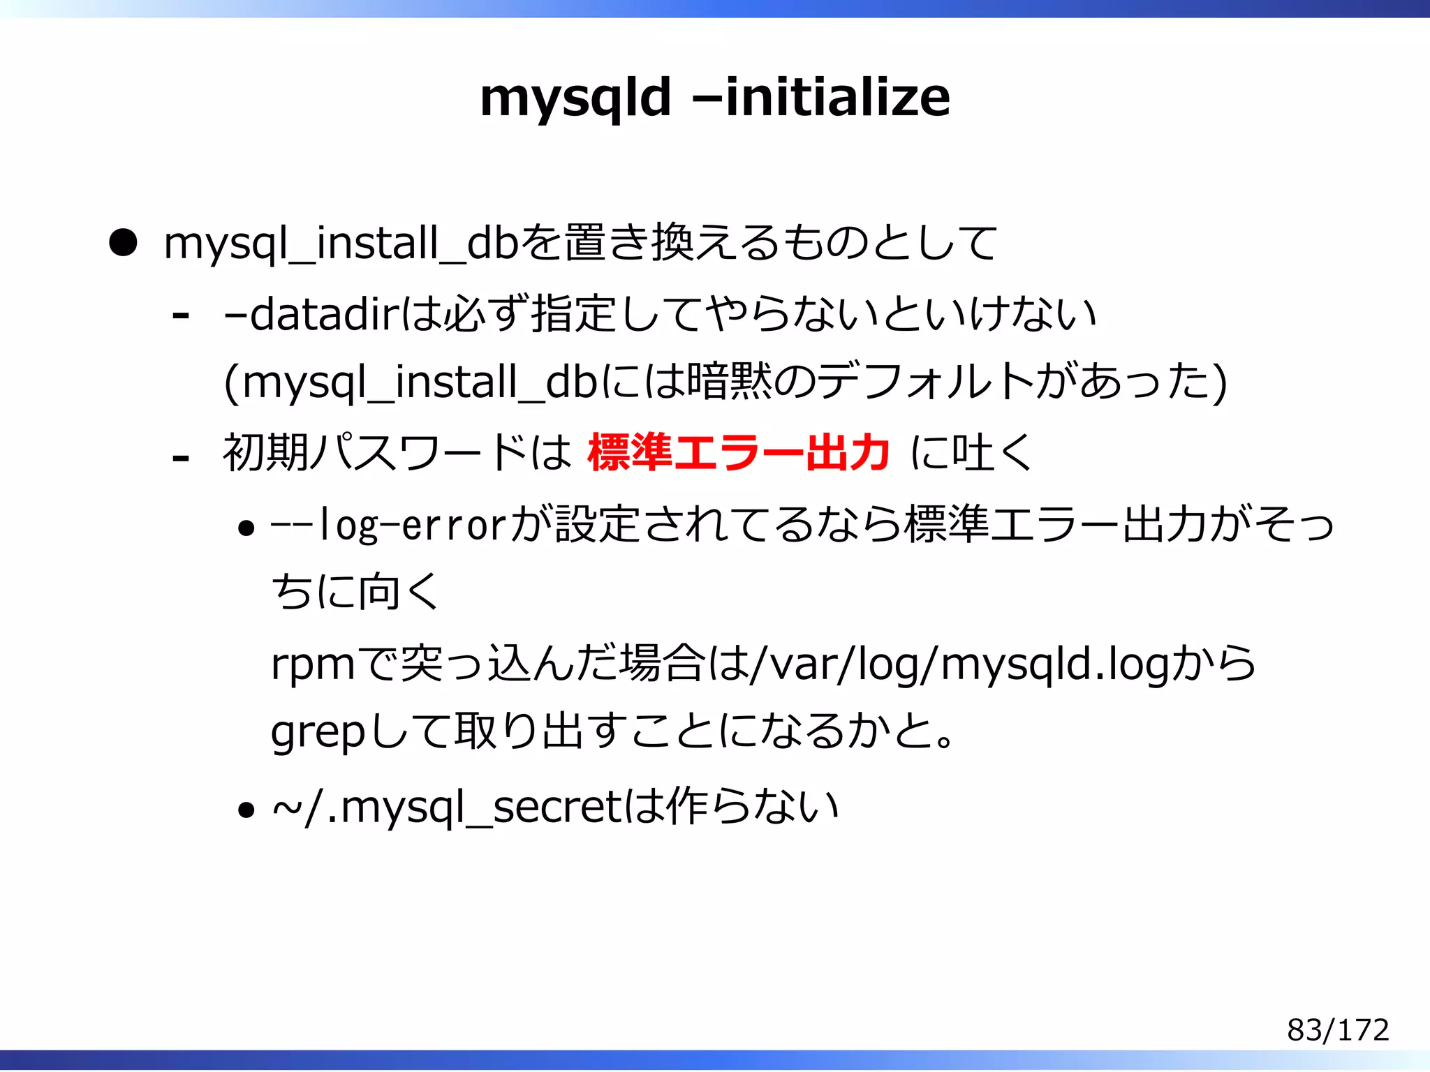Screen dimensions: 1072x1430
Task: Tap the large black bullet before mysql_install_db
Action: [123, 243]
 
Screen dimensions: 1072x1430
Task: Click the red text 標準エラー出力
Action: [739, 452]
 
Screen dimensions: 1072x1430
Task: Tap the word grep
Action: [318, 734]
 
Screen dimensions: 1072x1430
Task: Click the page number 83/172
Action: [1338, 1029]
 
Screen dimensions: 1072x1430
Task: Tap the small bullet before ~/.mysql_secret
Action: [246, 810]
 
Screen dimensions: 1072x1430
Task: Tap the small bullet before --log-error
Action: [246, 528]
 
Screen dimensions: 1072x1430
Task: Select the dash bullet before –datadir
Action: [180, 316]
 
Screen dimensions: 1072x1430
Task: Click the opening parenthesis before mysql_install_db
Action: [232, 384]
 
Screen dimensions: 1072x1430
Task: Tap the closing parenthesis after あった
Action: [1219, 384]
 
